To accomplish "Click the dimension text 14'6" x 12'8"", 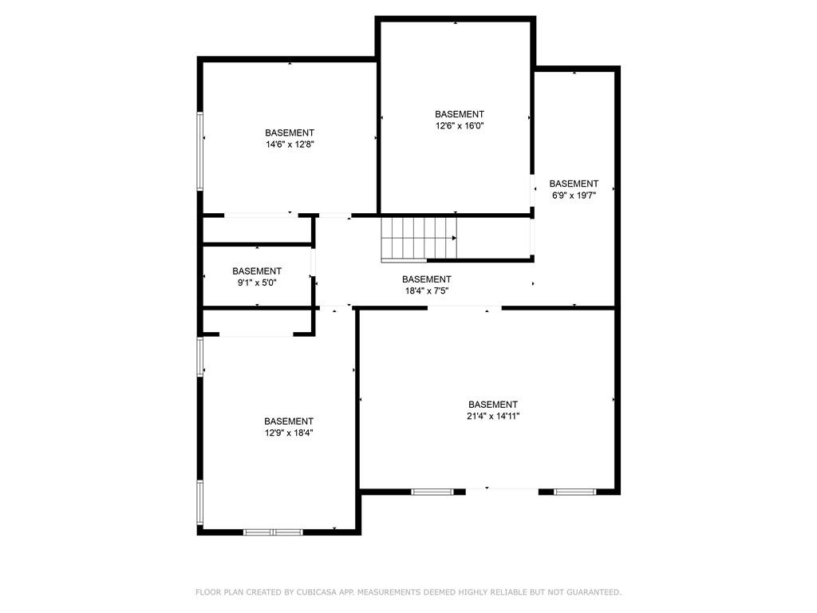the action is click(x=290, y=144).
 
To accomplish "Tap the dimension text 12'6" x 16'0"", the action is click(x=460, y=125).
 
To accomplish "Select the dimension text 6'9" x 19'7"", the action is click(x=574, y=196).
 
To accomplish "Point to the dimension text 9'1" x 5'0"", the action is click(x=257, y=283).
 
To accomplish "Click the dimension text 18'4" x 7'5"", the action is click(x=427, y=291).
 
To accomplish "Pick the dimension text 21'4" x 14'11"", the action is click(x=493, y=416).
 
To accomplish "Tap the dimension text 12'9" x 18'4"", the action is click(x=289, y=433).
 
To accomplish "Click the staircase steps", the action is click(x=419, y=238).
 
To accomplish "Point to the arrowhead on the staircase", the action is click(x=454, y=238).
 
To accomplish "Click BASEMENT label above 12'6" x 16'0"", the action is click(x=460, y=114).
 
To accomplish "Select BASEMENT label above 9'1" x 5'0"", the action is click(x=257, y=271).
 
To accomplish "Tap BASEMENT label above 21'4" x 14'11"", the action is click(x=493, y=405).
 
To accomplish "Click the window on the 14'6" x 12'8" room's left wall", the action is click(x=199, y=151).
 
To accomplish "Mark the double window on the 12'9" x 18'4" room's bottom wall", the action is click(x=273, y=532).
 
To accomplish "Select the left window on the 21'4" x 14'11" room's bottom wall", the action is click(x=432, y=492).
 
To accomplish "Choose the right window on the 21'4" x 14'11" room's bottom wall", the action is click(x=574, y=492).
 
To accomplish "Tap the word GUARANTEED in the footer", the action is click(x=594, y=592).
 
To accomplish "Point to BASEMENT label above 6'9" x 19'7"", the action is click(x=574, y=184).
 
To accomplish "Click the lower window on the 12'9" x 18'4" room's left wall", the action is click(x=199, y=502).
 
